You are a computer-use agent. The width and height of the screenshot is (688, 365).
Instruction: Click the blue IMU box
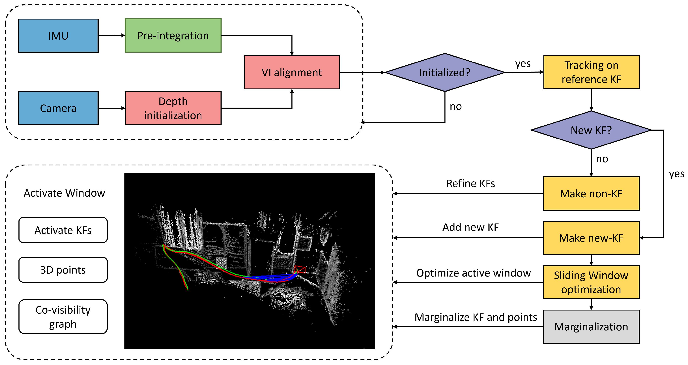coord(58,36)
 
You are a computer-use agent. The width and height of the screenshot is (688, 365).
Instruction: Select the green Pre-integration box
coord(173,35)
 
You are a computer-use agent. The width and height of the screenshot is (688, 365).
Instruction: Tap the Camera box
coord(58,108)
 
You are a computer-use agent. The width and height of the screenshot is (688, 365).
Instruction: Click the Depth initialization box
coord(173,108)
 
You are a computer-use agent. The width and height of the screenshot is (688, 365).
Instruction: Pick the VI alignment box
coord(292,72)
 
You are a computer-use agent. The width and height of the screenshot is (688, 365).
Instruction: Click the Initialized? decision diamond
coord(445,72)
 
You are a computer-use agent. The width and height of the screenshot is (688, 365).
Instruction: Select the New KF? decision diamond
coord(591,130)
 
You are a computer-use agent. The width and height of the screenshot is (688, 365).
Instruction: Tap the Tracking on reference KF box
coord(591,72)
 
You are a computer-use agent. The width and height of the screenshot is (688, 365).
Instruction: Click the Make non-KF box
coord(591,194)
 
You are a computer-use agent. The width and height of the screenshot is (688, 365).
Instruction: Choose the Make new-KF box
coord(591,238)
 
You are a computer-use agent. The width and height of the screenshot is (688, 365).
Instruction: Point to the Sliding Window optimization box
coord(591,282)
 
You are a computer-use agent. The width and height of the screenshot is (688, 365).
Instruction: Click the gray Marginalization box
coord(591,327)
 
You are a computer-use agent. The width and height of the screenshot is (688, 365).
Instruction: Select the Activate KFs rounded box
coord(63,230)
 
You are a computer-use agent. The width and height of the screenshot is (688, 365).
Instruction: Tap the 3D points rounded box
coord(63,270)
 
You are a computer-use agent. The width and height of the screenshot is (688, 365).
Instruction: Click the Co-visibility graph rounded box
coord(63,317)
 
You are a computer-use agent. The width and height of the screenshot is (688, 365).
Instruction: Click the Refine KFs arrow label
coord(471,183)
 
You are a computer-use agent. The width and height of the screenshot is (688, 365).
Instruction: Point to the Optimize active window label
coord(474,273)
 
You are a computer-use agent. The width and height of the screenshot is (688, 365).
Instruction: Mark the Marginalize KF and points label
coord(476,317)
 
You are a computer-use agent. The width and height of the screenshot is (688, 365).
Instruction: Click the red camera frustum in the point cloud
coord(300,269)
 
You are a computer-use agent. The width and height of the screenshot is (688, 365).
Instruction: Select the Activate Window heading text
coord(64,193)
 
